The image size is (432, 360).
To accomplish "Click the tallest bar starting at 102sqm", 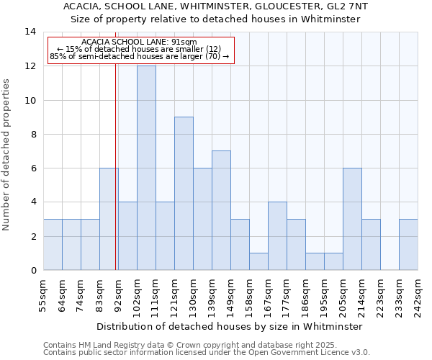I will point(146,168).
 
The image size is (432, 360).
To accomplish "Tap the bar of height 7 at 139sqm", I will point(221,210).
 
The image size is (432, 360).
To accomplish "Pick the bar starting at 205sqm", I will point(352,219).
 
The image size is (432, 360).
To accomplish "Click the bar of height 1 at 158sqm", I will point(258,261).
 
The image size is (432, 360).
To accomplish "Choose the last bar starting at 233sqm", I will point(408,244).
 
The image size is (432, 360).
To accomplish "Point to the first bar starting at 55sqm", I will point(53,244).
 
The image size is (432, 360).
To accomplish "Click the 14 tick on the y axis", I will point(31,32).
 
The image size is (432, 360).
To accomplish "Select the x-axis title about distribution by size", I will point(230,326).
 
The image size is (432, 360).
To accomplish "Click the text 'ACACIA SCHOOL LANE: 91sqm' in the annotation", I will point(139,42).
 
